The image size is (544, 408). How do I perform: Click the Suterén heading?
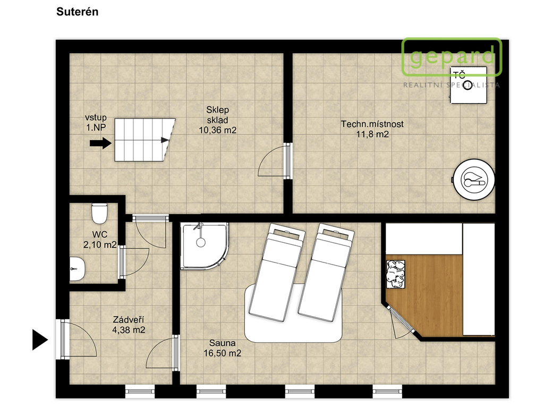[x=78, y=12]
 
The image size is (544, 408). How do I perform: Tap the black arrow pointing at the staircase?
[x=100, y=143]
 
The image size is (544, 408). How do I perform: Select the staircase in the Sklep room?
[x=145, y=140]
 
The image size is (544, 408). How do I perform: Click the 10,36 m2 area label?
[x=217, y=131]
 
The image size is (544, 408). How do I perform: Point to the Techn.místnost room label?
[x=372, y=124]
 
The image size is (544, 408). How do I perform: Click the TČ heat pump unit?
[x=469, y=86]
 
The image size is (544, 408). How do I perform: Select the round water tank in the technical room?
[x=474, y=180]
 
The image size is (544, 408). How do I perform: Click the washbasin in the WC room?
[x=77, y=269]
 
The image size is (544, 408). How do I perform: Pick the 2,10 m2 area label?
[x=100, y=245]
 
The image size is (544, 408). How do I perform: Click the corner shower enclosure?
[x=205, y=245]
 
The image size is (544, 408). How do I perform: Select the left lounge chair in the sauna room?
[x=276, y=273]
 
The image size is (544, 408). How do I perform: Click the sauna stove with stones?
[x=396, y=274]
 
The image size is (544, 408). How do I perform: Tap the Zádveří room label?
[x=129, y=319]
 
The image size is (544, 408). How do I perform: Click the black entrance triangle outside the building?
[x=40, y=339]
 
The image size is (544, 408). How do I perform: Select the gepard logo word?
[x=452, y=56]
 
